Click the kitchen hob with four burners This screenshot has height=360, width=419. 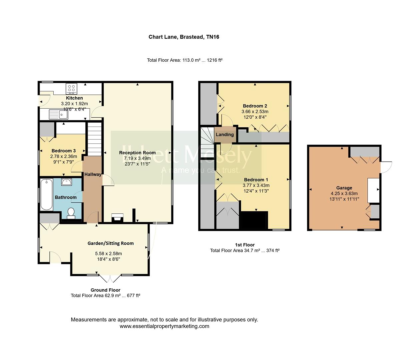tap(72, 88)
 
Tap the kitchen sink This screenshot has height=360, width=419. tap(59, 115)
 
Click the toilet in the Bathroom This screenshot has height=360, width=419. tap(71, 213)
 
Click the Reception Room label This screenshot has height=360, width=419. tap(137, 153)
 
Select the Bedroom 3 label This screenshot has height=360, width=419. tap(63, 151)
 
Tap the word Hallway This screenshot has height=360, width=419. tap(93, 174)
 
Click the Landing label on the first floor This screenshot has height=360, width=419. tap(225, 135)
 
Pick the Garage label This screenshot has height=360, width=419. tap(344, 188)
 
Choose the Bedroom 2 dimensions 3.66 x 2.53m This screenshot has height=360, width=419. tap(255, 112)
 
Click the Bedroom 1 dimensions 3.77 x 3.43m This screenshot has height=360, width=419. tap(256, 185)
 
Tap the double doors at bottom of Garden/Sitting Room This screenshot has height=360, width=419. tap(110, 279)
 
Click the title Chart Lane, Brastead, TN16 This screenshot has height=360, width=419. tap(184, 37)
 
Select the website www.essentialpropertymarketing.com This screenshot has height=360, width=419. tap(164, 326)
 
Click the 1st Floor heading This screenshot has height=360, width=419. tap(245, 245)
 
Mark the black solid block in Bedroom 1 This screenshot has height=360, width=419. tap(254, 220)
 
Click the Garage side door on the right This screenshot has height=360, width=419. tap(386, 167)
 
